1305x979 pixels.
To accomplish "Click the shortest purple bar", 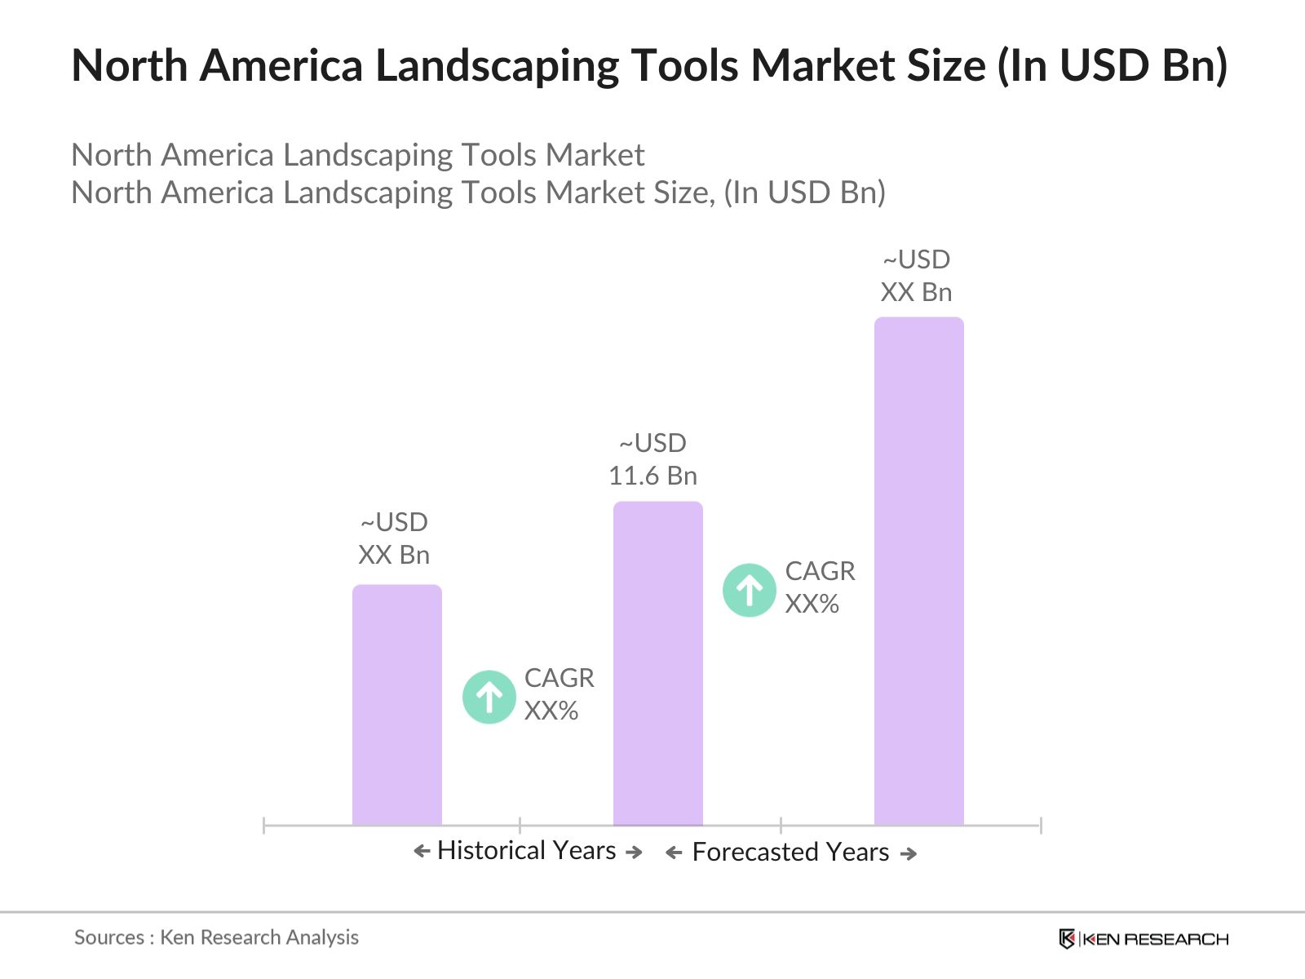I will (x=397, y=706).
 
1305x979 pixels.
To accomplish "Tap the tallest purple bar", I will (x=919, y=571).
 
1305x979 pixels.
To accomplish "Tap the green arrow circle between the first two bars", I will (x=489, y=697).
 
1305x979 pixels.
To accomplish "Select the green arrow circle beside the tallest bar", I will (x=750, y=590).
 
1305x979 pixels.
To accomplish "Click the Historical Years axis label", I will (x=527, y=851).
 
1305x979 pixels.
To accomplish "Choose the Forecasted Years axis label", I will (x=790, y=853).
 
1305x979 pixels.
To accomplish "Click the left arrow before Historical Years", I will (x=422, y=852).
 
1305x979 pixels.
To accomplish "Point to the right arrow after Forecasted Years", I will (x=908, y=854).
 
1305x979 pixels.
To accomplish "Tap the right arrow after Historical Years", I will (x=634, y=853).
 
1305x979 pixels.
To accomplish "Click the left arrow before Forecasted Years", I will (x=674, y=853).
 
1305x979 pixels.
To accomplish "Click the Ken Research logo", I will (x=1144, y=939).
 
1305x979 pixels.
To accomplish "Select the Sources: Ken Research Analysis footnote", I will (x=216, y=937).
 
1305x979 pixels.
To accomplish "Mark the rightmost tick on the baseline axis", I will (x=1041, y=826).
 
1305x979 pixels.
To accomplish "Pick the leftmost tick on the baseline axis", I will (x=264, y=826).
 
